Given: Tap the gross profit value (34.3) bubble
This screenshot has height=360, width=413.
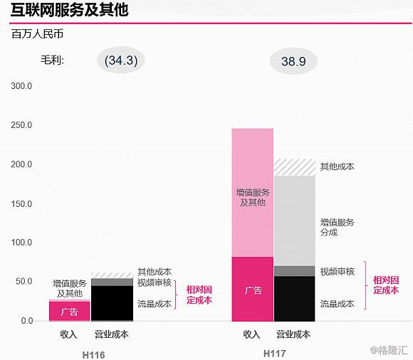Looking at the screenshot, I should pyautogui.click(x=121, y=60).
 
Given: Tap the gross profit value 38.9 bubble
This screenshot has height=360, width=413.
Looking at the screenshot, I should pyautogui.click(x=293, y=62).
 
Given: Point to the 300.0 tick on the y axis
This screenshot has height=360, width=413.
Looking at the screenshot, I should pyautogui.click(x=21, y=86).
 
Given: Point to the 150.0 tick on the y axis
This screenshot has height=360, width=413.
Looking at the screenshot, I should pyautogui.click(x=21, y=203).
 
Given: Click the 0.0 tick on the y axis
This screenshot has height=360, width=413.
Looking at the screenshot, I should pyautogui.click(x=26, y=321).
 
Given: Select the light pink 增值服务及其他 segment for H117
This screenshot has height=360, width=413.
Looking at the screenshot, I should pyautogui.click(x=252, y=192).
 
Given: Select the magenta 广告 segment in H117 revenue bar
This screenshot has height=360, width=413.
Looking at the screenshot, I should pyautogui.click(x=252, y=290).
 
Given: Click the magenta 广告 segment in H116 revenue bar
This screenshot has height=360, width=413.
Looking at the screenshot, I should pyautogui.click(x=69, y=312).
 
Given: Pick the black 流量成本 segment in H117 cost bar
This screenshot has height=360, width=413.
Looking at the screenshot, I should pyautogui.click(x=295, y=299).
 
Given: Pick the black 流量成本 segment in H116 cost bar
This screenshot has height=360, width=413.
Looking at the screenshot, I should pyautogui.click(x=112, y=303).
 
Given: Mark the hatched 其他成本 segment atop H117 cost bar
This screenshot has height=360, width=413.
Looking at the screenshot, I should pyautogui.click(x=295, y=167).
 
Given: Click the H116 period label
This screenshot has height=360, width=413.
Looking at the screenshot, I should pyautogui.click(x=91, y=353).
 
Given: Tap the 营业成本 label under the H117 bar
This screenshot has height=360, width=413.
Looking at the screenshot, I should pyautogui.click(x=294, y=334).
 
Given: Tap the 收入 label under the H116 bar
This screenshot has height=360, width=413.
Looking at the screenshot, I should pyautogui.click(x=68, y=334).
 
